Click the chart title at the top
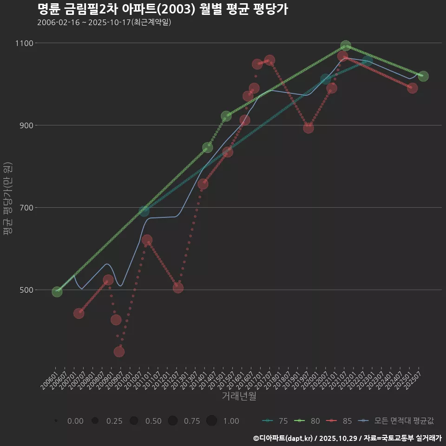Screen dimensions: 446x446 [162, 9]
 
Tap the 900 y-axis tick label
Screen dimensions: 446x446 [26, 125]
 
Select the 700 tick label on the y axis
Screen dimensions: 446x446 [26, 208]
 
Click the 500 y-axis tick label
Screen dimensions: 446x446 [26, 290]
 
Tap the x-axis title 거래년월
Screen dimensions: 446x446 [239, 396]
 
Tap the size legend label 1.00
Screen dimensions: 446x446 [231, 421]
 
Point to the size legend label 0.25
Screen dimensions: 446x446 [114, 421]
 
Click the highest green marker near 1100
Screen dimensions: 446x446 [345, 46]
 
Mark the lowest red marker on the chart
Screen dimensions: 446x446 [119, 352]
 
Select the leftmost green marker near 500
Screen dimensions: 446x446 [57, 292]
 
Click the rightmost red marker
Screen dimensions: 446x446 [412, 88]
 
